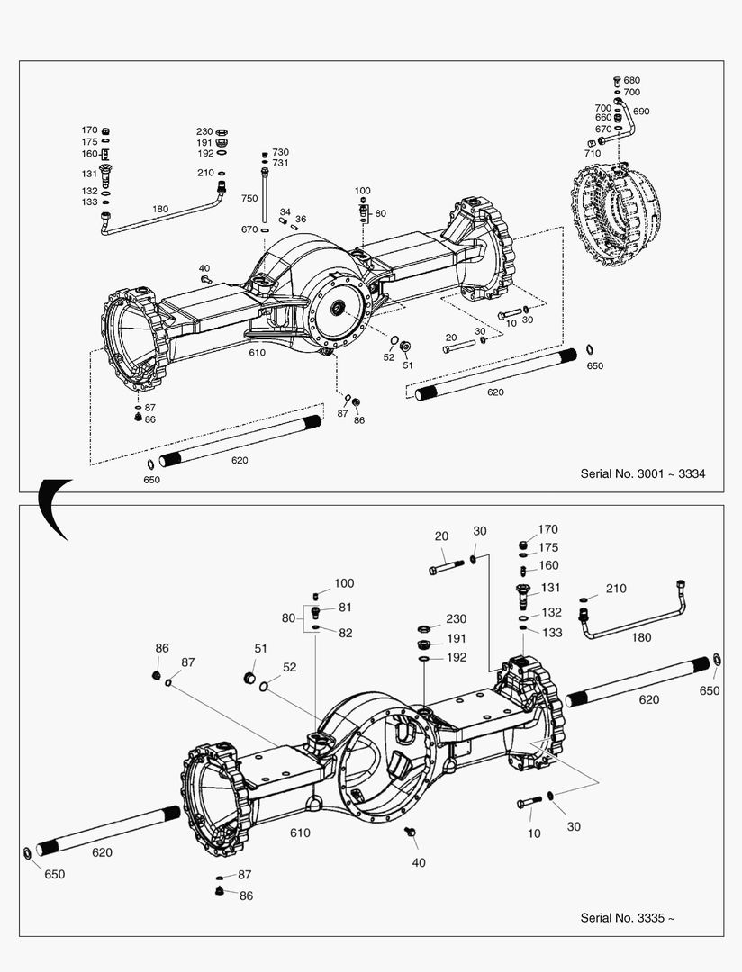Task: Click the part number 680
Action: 631,80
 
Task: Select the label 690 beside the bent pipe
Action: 641,112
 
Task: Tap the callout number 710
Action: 592,154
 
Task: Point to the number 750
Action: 249,198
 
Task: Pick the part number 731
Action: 280,163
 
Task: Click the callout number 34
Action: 285,211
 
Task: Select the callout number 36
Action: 301,219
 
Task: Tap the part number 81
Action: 345,607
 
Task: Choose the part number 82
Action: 345,633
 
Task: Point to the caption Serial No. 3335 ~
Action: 627,917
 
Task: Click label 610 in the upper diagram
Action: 258,353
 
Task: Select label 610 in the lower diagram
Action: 300,832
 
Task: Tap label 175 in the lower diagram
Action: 547,547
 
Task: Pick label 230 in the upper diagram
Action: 204,131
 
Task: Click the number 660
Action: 602,118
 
